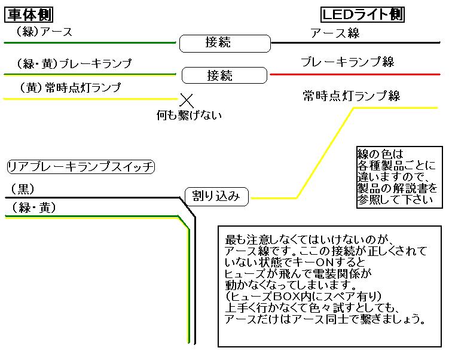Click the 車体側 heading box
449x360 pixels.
tap(30, 14)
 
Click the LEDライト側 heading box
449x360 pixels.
tap(362, 14)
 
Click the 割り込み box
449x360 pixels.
tap(216, 196)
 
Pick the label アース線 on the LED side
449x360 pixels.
tap(335, 33)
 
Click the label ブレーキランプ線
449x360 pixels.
tap(347, 62)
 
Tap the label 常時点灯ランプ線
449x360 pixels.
tap(351, 96)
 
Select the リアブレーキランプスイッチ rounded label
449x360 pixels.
tap(80, 167)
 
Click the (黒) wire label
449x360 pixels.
tap(23, 190)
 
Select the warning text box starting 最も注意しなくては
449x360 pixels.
tap(329, 286)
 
